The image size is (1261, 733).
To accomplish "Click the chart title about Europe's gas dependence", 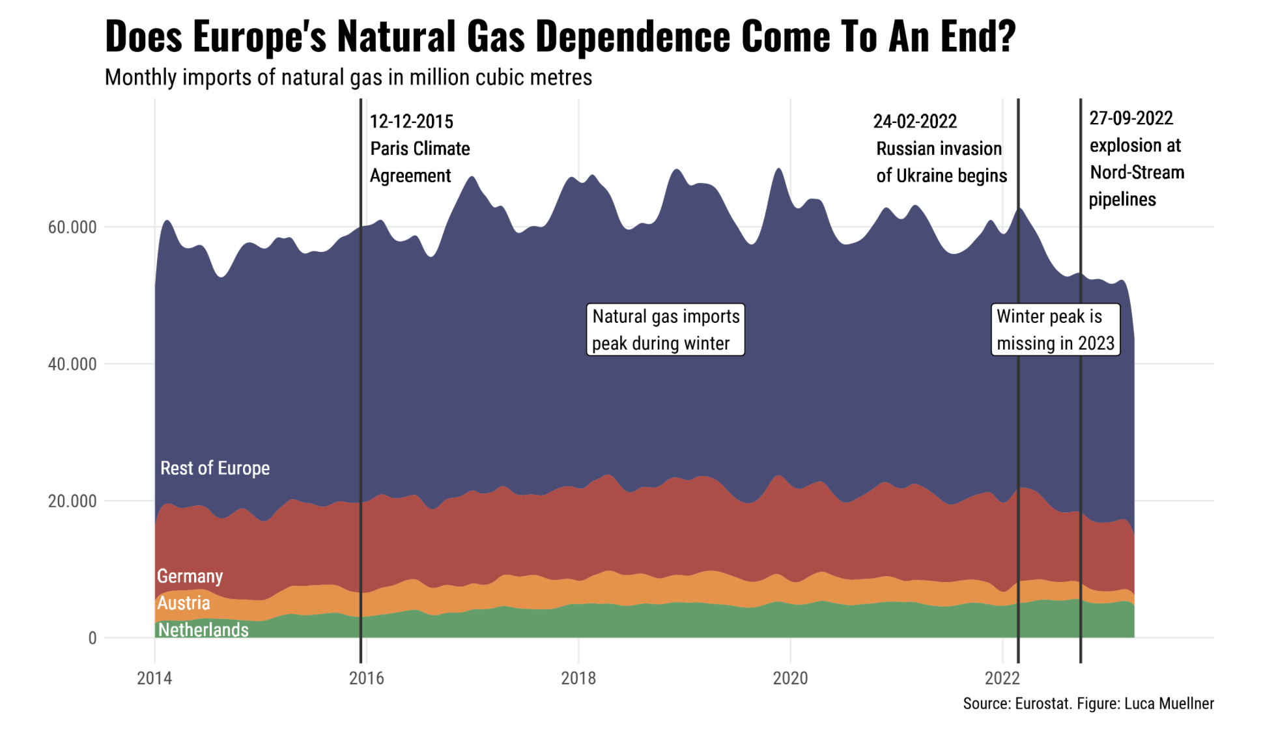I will click(560, 36).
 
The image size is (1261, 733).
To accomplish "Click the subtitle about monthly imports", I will click(348, 77).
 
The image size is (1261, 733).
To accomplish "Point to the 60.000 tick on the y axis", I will click(72, 227).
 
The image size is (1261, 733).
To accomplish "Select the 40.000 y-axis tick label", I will click(72, 364).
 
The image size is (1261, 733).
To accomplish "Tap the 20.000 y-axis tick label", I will click(72, 501).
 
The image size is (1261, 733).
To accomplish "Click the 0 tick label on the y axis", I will click(92, 638).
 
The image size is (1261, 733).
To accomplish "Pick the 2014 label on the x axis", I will click(154, 678).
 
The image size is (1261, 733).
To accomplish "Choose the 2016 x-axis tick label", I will click(367, 678).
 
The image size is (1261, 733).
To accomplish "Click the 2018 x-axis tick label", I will click(578, 678).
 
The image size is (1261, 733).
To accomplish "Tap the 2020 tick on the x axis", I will click(790, 678).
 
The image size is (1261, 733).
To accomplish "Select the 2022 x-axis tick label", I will click(1002, 678).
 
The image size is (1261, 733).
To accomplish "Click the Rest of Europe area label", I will click(215, 468).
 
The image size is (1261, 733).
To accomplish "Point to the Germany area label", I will click(190, 576).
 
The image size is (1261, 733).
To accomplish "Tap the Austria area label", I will click(184, 603).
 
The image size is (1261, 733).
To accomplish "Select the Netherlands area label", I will click(203, 629).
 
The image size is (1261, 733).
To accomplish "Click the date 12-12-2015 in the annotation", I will click(412, 122).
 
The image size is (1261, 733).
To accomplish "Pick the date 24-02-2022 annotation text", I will click(915, 122).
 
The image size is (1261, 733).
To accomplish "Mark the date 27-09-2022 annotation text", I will click(1131, 118).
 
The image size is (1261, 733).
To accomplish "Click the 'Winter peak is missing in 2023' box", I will click(1055, 329).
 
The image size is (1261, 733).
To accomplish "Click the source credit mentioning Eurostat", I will click(1088, 704).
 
